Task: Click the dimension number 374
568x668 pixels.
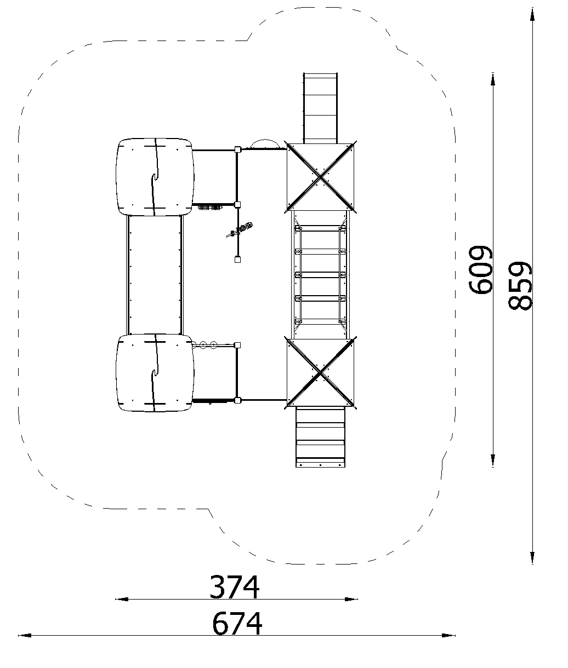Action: tap(234, 587)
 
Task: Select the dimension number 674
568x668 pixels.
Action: tap(237, 624)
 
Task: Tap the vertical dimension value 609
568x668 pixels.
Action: tap(481, 270)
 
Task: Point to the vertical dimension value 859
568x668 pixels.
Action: tap(520, 286)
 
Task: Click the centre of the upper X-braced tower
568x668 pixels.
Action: tap(320, 177)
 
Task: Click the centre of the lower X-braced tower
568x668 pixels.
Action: tap(320, 373)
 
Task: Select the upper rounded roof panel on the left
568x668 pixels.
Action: tap(155, 177)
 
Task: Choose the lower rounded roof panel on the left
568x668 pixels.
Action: tap(155, 373)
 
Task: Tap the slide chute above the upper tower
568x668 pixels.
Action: tap(320, 108)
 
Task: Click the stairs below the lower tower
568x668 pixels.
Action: tap(320, 437)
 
